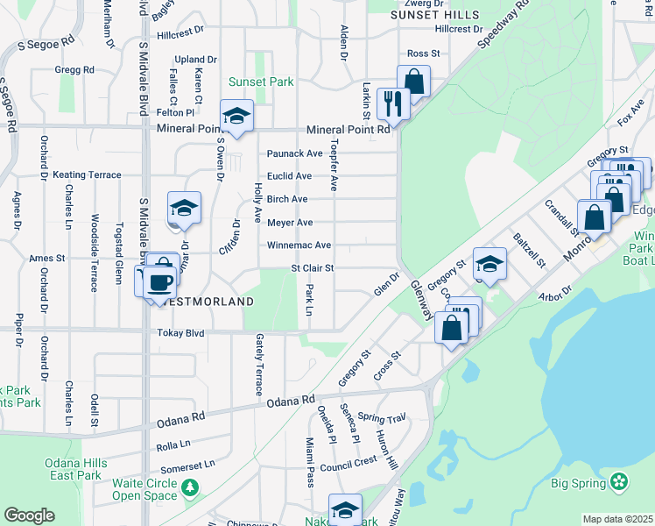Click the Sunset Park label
click(261, 82)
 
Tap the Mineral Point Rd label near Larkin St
click(348, 130)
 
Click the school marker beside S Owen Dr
click(236, 116)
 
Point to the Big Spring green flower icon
click(620, 481)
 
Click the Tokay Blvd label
click(180, 333)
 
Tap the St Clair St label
click(312, 268)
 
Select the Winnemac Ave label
click(299, 245)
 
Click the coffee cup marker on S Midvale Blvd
click(158, 282)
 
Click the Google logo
click(29, 515)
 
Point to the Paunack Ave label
click(295, 153)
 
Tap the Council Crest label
click(349, 460)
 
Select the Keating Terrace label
click(87, 175)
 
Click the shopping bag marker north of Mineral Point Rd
click(413, 82)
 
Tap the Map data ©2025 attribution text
click(617, 519)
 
